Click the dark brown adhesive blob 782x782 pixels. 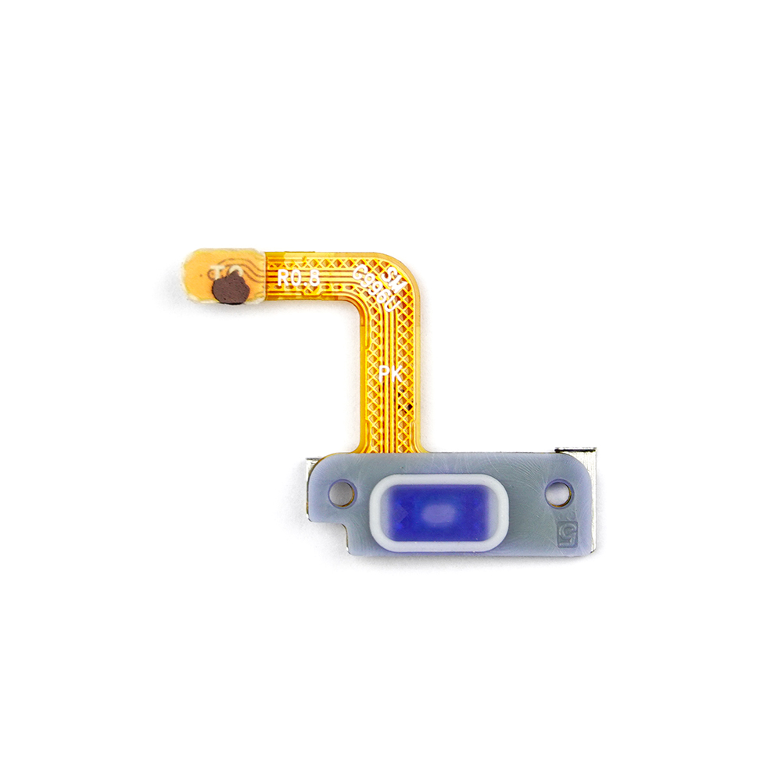(x=231, y=290)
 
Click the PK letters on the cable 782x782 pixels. (x=389, y=374)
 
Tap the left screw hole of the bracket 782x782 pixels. (x=342, y=493)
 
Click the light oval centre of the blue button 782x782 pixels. (x=439, y=513)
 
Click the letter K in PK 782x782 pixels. (x=396, y=375)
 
